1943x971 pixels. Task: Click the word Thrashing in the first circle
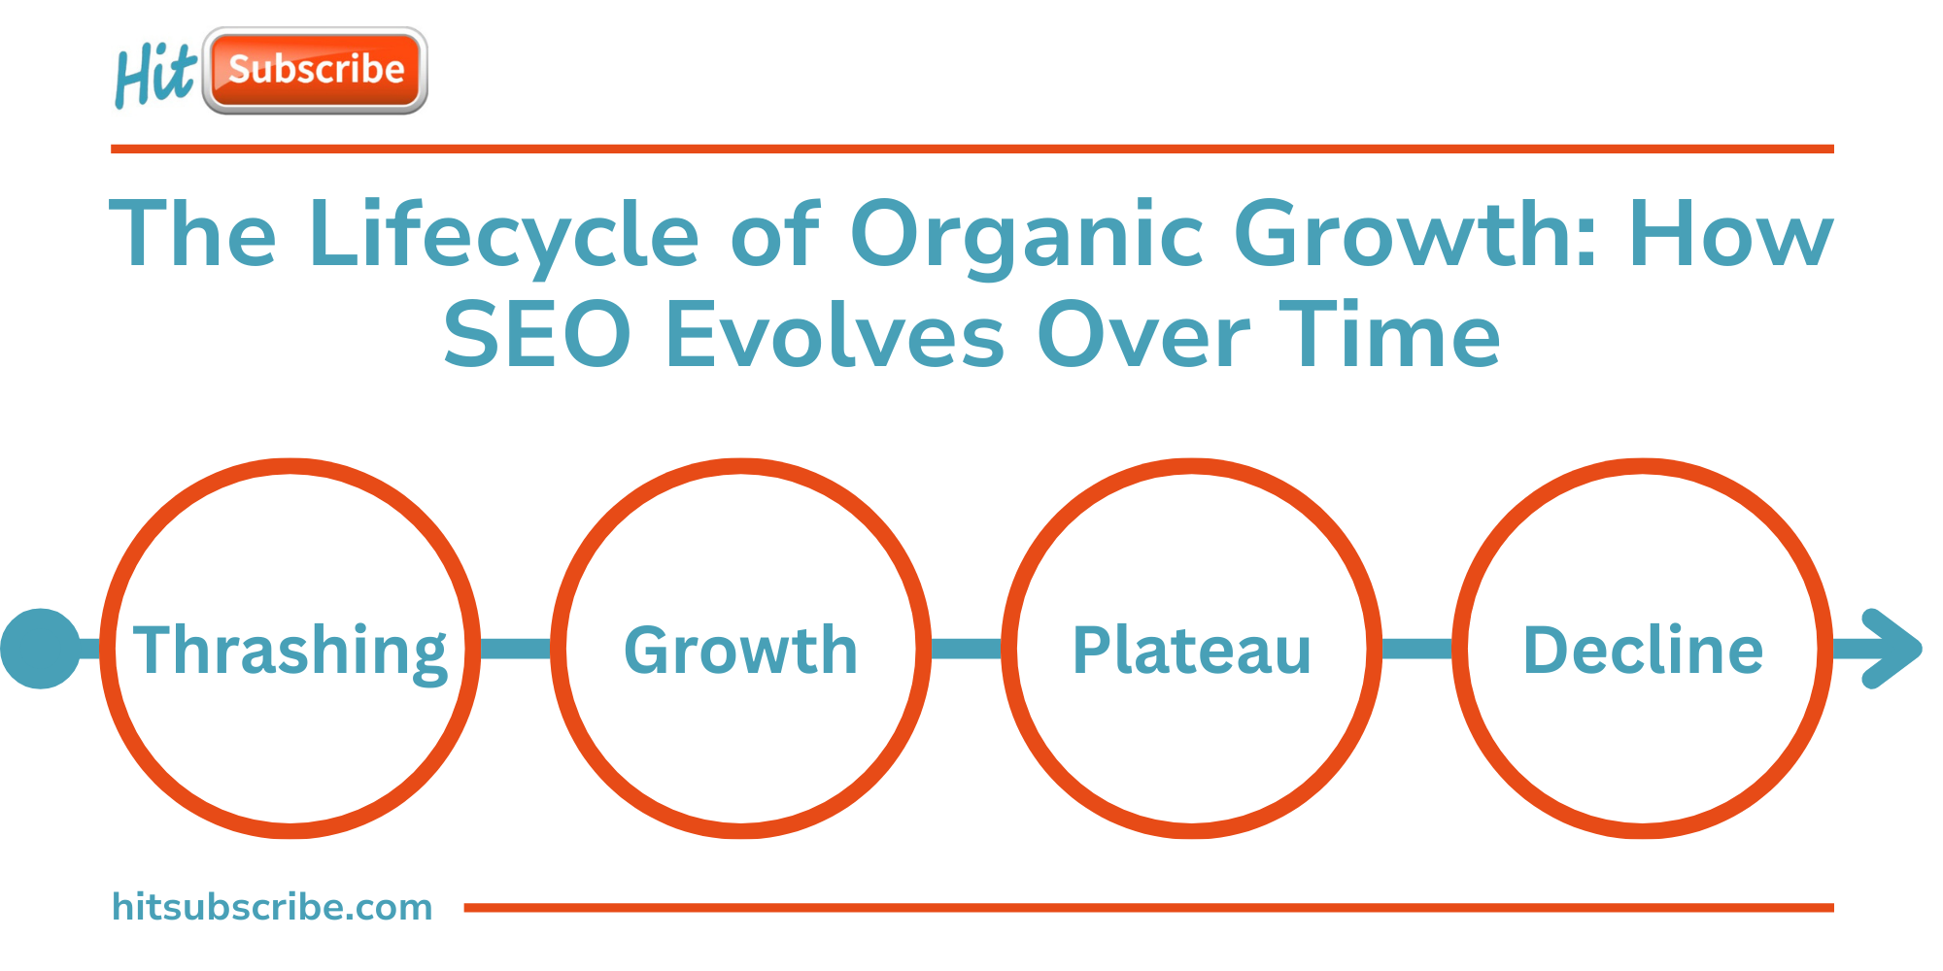click(x=290, y=652)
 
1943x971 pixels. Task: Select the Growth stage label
click(x=741, y=650)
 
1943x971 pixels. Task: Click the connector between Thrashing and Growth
click(x=516, y=649)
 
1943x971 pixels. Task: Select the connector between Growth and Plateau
click(x=967, y=649)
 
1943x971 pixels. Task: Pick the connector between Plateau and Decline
click(x=1417, y=649)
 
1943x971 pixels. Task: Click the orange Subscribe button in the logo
click(x=316, y=70)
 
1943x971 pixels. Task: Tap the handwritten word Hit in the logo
click(x=155, y=76)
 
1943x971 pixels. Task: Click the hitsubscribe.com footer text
click(x=272, y=907)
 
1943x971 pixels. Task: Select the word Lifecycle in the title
click(x=504, y=234)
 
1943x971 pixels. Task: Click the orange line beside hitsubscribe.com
click(x=1149, y=908)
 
